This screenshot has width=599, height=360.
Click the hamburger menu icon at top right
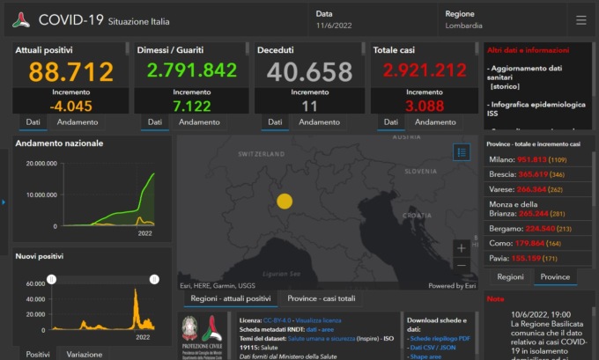(581, 19)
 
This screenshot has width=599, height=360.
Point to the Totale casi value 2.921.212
(425, 72)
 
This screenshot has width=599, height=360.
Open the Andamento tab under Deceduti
(316, 122)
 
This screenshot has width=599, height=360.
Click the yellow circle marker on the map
(285, 201)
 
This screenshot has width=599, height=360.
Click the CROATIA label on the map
(417, 214)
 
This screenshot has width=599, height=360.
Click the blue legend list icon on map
(462, 152)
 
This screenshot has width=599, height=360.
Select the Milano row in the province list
(538, 159)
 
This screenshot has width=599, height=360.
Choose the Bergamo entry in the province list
(538, 227)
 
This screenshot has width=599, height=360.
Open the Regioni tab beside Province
(510, 276)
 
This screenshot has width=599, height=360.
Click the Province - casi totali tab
(322, 298)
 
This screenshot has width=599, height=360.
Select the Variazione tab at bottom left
(84, 354)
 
